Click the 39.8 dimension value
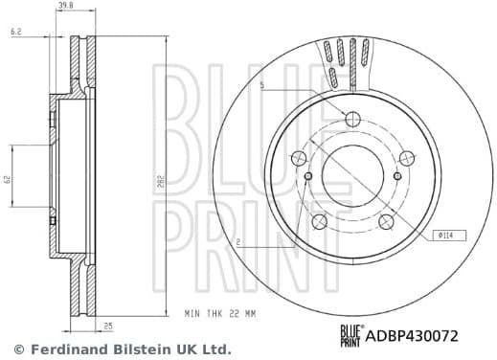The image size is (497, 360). point(65,6)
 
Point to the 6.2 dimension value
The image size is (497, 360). point(16,32)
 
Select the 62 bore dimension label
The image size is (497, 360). point(7,179)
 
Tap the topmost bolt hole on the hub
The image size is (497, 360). point(351,120)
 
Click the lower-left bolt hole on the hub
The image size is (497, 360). point(316,222)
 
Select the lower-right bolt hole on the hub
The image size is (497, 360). point(387,222)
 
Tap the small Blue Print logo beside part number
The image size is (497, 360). point(353,333)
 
